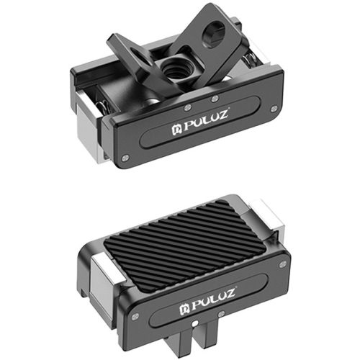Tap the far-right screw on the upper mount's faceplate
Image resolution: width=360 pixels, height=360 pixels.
274,109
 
